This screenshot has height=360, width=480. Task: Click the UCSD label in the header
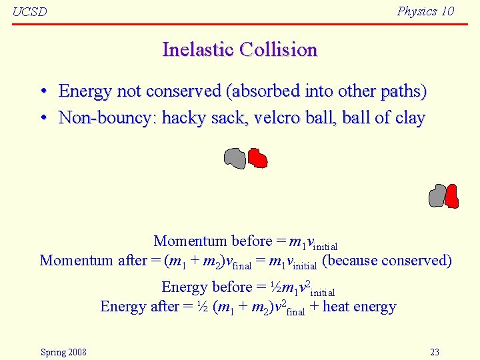[x=30, y=12]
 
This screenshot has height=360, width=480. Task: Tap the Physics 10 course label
[x=425, y=11]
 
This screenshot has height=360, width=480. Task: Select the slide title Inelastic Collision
[x=239, y=49]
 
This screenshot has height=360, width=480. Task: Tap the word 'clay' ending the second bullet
[x=409, y=119]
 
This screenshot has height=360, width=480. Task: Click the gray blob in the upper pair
[x=235, y=158]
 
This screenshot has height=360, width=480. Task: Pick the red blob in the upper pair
[x=257, y=158]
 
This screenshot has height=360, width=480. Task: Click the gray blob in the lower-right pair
[x=437, y=196]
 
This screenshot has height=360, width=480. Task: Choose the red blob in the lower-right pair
[x=452, y=196]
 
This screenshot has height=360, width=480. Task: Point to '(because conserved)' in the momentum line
[x=387, y=261]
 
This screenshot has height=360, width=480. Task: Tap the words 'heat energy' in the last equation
[x=359, y=307]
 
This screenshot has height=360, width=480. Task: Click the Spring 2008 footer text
[x=63, y=352]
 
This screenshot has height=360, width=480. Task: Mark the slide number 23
[x=434, y=352]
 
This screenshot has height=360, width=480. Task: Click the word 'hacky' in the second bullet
[x=184, y=118]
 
